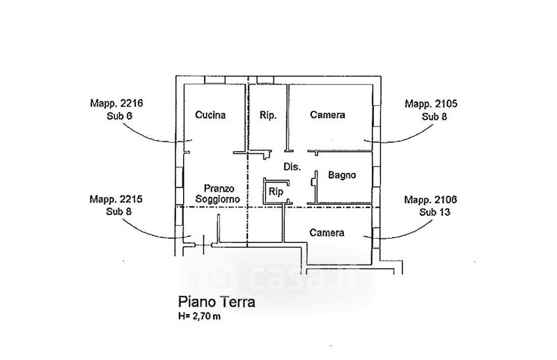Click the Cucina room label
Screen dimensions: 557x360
click(x=210, y=116)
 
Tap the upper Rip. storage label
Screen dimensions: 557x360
click(x=268, y=116)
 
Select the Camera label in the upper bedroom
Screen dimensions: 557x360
click(x=328, y=115)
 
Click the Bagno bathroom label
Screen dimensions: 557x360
click(x=343, y=175)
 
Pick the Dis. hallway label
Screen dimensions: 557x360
click(x=292, y=167)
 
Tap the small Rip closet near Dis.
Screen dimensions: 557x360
click(x=276, y=191)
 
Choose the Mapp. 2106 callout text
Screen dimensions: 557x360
click(x=431, y=199)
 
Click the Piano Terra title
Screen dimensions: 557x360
click(x=217, y=302)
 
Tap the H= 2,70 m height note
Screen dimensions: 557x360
click(x=200, y=318)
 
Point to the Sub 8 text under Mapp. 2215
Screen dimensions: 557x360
click(x=120, y=210)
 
